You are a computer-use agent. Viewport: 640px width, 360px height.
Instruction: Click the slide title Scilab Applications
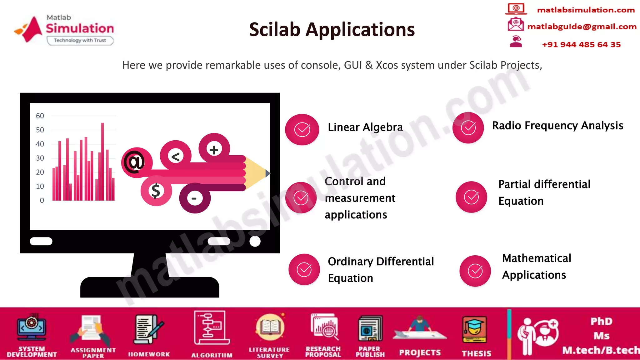coord(332,30)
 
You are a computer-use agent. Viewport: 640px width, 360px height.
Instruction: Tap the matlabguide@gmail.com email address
coord(582,27)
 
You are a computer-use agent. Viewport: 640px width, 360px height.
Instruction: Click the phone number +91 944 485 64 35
coord(581,44)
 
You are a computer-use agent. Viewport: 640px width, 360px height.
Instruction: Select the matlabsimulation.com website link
coord(586,10)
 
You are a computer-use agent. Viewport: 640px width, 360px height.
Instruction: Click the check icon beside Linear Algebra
coord(302,129)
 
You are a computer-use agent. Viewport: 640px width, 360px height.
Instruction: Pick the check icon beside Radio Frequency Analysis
coord(468,127)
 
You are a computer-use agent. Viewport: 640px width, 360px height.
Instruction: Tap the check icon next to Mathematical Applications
coord(475,271)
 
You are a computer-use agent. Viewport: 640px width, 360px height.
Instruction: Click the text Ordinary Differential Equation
coord(381,269)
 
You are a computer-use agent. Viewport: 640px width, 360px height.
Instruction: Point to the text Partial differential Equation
coord(544,192)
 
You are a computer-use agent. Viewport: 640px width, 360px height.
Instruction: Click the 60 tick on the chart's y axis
coord(40,116)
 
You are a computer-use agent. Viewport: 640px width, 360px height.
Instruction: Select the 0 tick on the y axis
coord(42,200)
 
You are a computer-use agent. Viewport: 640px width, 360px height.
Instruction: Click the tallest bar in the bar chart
coord(102,161)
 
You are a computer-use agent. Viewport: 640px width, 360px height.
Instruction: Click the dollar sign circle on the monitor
coord(156,190)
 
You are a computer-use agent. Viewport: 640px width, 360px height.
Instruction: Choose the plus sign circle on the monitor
coord(214,149)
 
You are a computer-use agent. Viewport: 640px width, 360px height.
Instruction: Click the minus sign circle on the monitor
coord(194,198)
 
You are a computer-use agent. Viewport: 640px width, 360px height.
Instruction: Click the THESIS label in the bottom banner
coord(476,353)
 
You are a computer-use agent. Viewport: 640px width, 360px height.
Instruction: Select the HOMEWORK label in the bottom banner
coord(149,354)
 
